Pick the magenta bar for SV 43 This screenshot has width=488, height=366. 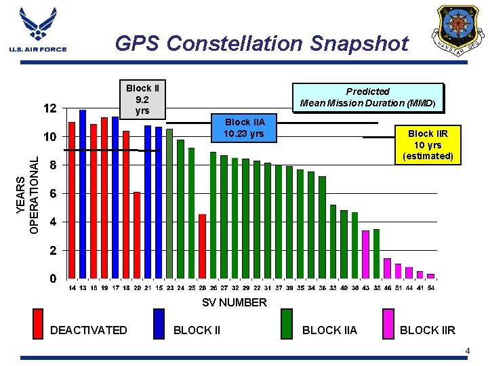[x=365, y=254]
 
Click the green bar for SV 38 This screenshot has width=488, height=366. [x=376, y=253]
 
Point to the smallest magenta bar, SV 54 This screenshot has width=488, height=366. [x=430, y=276]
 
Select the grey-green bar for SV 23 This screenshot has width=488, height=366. [x=169, y=203]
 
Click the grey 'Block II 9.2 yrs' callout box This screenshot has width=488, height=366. [x=142, y=99]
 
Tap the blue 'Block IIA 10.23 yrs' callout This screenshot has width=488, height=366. [x=245, y=127]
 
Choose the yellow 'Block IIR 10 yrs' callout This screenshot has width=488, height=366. [x=427, y=145]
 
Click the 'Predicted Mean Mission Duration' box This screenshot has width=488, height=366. [x=367, y=98]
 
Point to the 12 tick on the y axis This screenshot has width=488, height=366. [x=49, y=108]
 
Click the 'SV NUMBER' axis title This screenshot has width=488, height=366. [x=235, y=302]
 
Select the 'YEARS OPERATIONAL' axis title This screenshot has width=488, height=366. [x=28, y=194]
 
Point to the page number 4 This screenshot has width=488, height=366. [x=467, y=350]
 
